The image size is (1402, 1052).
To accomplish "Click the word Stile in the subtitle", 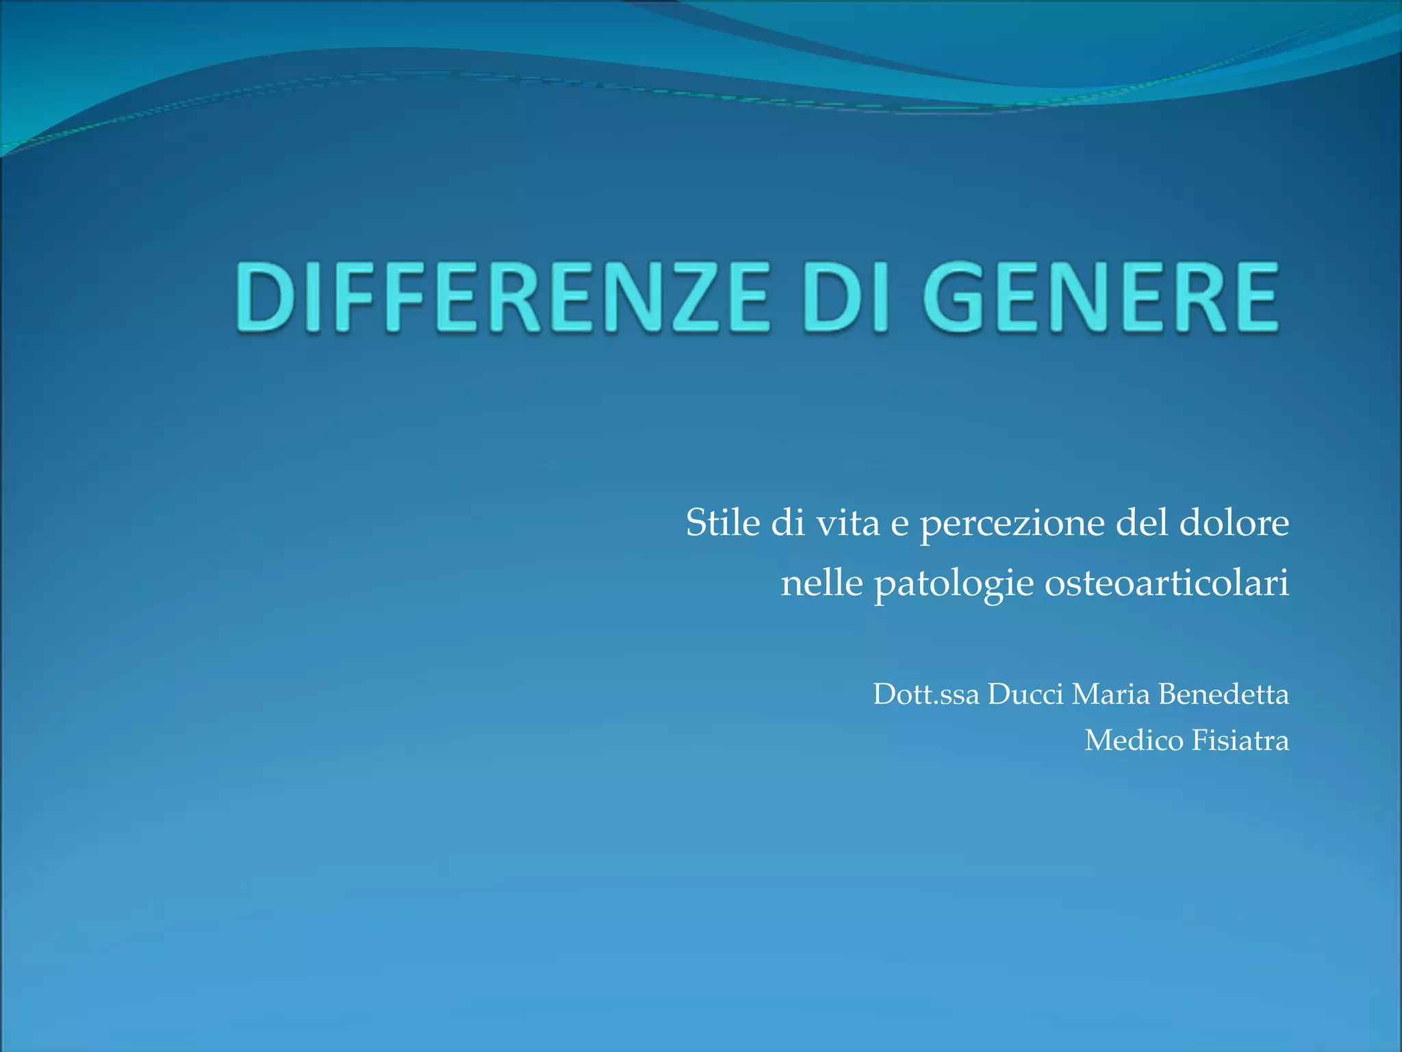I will [723, 523].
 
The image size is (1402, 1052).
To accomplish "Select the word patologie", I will [954, 584].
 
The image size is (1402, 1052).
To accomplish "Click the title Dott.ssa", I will [926, 694].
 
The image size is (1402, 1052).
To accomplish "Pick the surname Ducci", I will [1025, 694].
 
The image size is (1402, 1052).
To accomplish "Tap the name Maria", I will [1110, 694].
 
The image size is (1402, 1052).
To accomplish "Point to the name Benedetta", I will [1223, 694].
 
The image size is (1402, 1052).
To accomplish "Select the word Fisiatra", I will [1240, 740].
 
